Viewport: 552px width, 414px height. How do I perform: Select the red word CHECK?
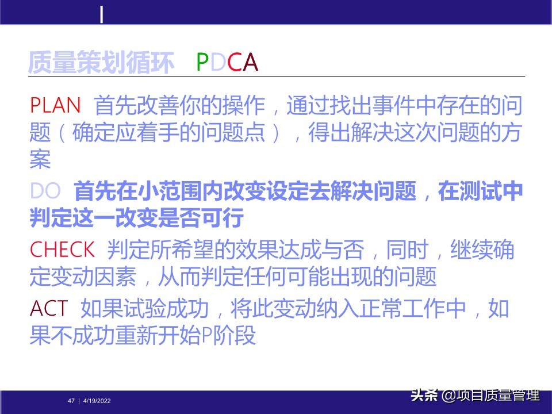pyautogui.click(x=62, y=250)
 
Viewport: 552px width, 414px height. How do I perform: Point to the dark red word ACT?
pyautogui.click(x=49, y=309)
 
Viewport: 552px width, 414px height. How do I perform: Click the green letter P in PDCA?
pyautogui.click(x=202, y=63)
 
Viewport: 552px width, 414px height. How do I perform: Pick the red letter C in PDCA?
pyautogui.click(x=234, y=63)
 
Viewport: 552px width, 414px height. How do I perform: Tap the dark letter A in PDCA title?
pyautogui.click(x=250, y=63)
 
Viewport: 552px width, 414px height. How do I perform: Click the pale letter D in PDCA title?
pyautogui.click(x=218, y=63)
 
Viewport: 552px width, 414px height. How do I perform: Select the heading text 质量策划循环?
pyautogui.click(x=101, y=63)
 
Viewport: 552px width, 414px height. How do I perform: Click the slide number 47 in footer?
pyautogui.click(x=71, y=401)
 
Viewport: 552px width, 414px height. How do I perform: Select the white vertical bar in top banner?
pyautogui.click(x=102, y=14)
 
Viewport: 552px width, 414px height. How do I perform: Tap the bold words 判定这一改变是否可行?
pyautogui.click(x=137, y=218)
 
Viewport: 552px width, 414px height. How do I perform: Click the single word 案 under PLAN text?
pyautogui.click(x=40, y=160)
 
